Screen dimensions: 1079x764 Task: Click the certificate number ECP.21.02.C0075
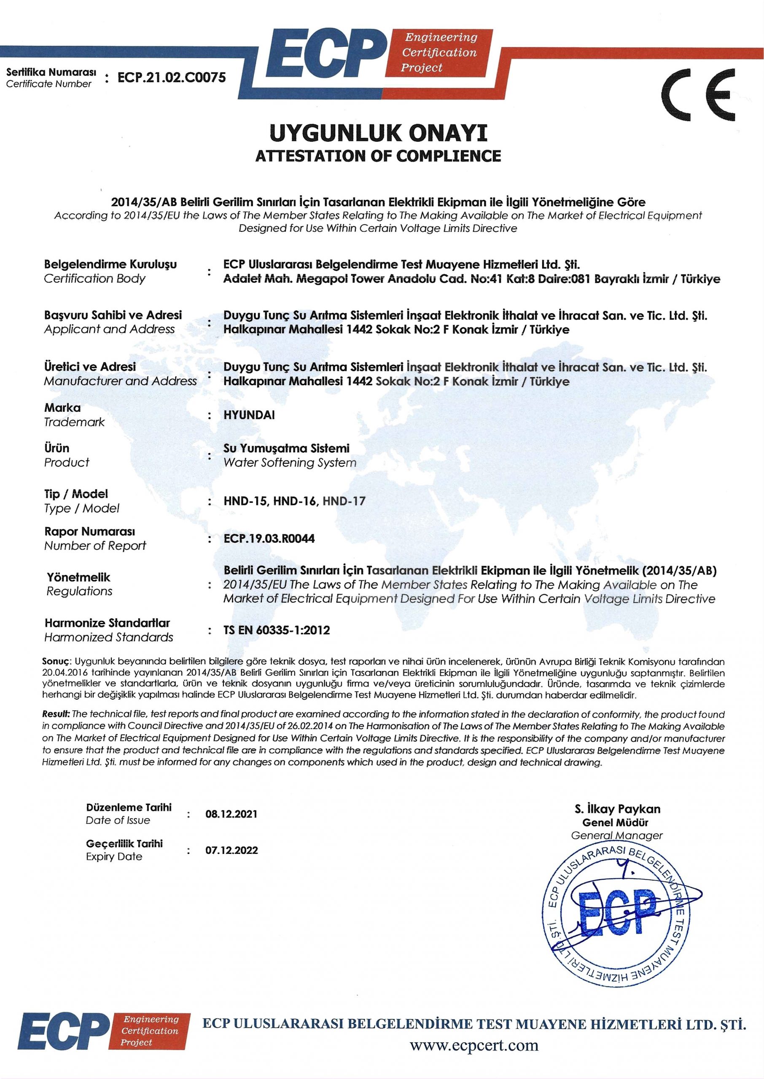coord(172,77)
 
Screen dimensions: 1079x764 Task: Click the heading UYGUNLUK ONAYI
coord(378,134)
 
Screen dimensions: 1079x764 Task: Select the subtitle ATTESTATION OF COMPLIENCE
coord(378,156)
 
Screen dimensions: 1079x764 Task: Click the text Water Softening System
coord(290,463)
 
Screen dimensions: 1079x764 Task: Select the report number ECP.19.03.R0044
coord(269,539)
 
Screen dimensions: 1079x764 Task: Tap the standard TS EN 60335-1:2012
coord(277,630)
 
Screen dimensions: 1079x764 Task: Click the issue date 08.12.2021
coord(231,814)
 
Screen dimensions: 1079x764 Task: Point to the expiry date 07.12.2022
coord(231,851)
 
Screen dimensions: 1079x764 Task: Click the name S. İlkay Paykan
coord(617,809)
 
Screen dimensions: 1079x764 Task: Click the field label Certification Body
coord(94,279)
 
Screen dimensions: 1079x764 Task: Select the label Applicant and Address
coord(109,329)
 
